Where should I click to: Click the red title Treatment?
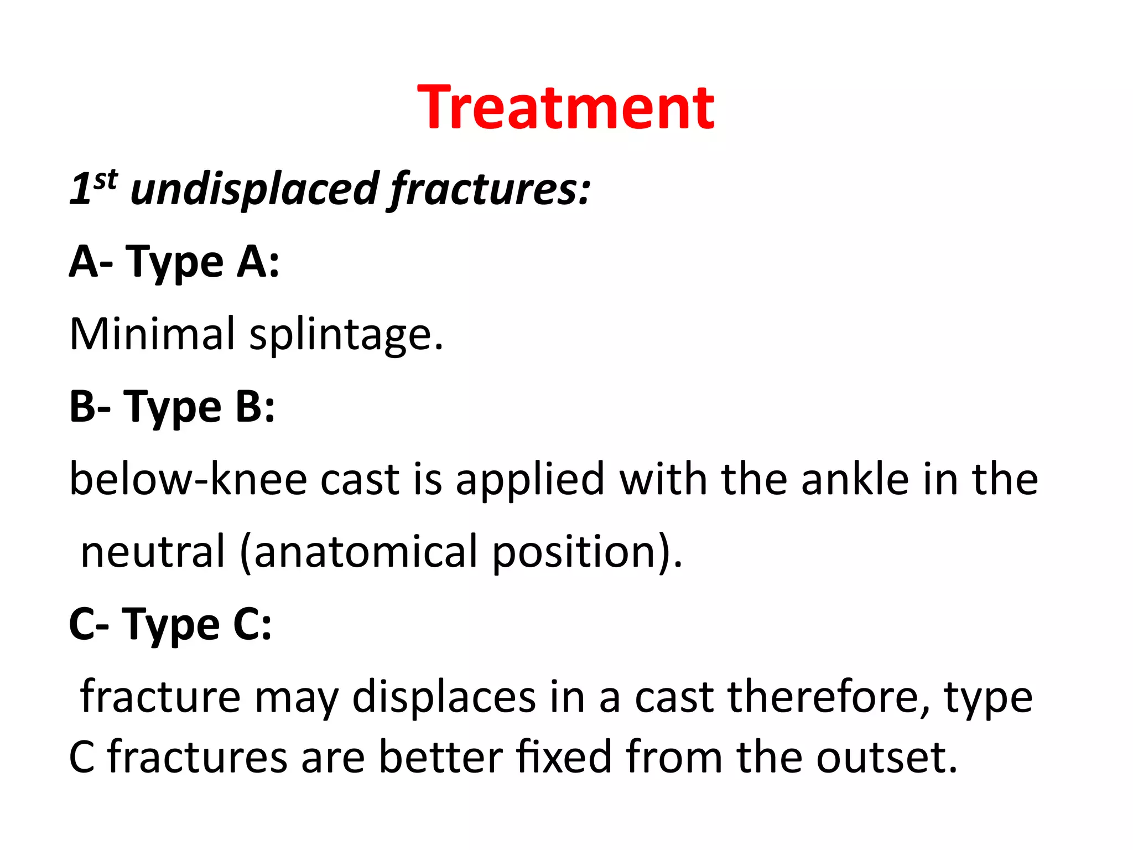click(x=566, y=107)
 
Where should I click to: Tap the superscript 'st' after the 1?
click(x=105, y=180)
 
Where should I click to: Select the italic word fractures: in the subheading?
click(x=490, y=190)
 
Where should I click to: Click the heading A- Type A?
click(x=174, y=262)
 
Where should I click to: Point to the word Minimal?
click(x=153, y=334)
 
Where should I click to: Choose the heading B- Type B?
click(x=172, y=407)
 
